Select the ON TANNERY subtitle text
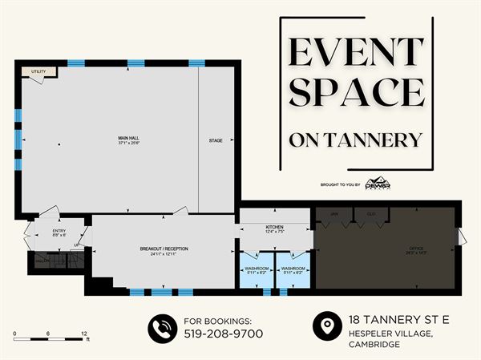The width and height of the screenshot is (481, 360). click(354, 140)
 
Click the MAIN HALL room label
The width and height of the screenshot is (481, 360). click(128, 139)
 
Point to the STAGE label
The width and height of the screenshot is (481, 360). click(216, 141)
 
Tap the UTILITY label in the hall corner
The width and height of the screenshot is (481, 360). click(38, 72)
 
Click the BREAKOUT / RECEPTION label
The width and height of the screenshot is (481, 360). click(163, 249)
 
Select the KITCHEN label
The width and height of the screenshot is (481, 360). click(274, 227)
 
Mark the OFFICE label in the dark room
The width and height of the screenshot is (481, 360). click(415, 249)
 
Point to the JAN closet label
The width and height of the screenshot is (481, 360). click(334, 214)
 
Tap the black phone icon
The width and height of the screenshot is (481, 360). click(163, 327)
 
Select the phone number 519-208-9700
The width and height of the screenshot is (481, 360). click(224, 334)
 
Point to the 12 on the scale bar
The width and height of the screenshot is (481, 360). click(83, 333)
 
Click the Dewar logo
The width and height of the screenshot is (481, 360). click(375, 184)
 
